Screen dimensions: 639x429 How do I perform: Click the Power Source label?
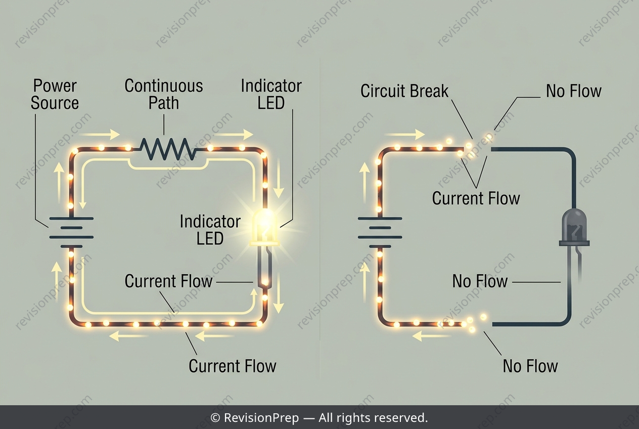point(55,94)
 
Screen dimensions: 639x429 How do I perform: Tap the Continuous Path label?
point(164,94)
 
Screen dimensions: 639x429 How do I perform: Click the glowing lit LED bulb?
point(264,228)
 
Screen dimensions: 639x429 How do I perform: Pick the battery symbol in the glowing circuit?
point(71,232)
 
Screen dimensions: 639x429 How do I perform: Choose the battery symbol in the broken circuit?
point(380,232)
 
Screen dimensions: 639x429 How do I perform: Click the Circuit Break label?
point(404,91)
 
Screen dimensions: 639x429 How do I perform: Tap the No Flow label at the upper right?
point(574,91)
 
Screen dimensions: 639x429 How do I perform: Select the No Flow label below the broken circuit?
point(530,366)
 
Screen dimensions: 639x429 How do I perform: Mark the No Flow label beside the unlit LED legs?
point(480,281)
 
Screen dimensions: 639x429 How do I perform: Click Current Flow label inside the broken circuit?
point(476,198)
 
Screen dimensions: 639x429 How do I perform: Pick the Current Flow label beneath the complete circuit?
point(233,366)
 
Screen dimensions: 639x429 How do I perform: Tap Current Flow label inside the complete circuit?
point(168,281)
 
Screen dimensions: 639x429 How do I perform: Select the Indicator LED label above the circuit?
point(271,94)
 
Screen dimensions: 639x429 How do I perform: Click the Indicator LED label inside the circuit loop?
point(210,230)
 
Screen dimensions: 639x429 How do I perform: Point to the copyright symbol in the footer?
point(215,418)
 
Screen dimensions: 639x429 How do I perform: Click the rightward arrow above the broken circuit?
point(405,134)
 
